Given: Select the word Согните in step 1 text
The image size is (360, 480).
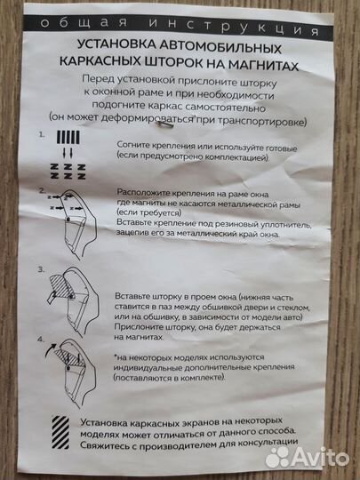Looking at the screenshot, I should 134,145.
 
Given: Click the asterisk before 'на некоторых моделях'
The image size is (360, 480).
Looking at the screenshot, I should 116,356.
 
